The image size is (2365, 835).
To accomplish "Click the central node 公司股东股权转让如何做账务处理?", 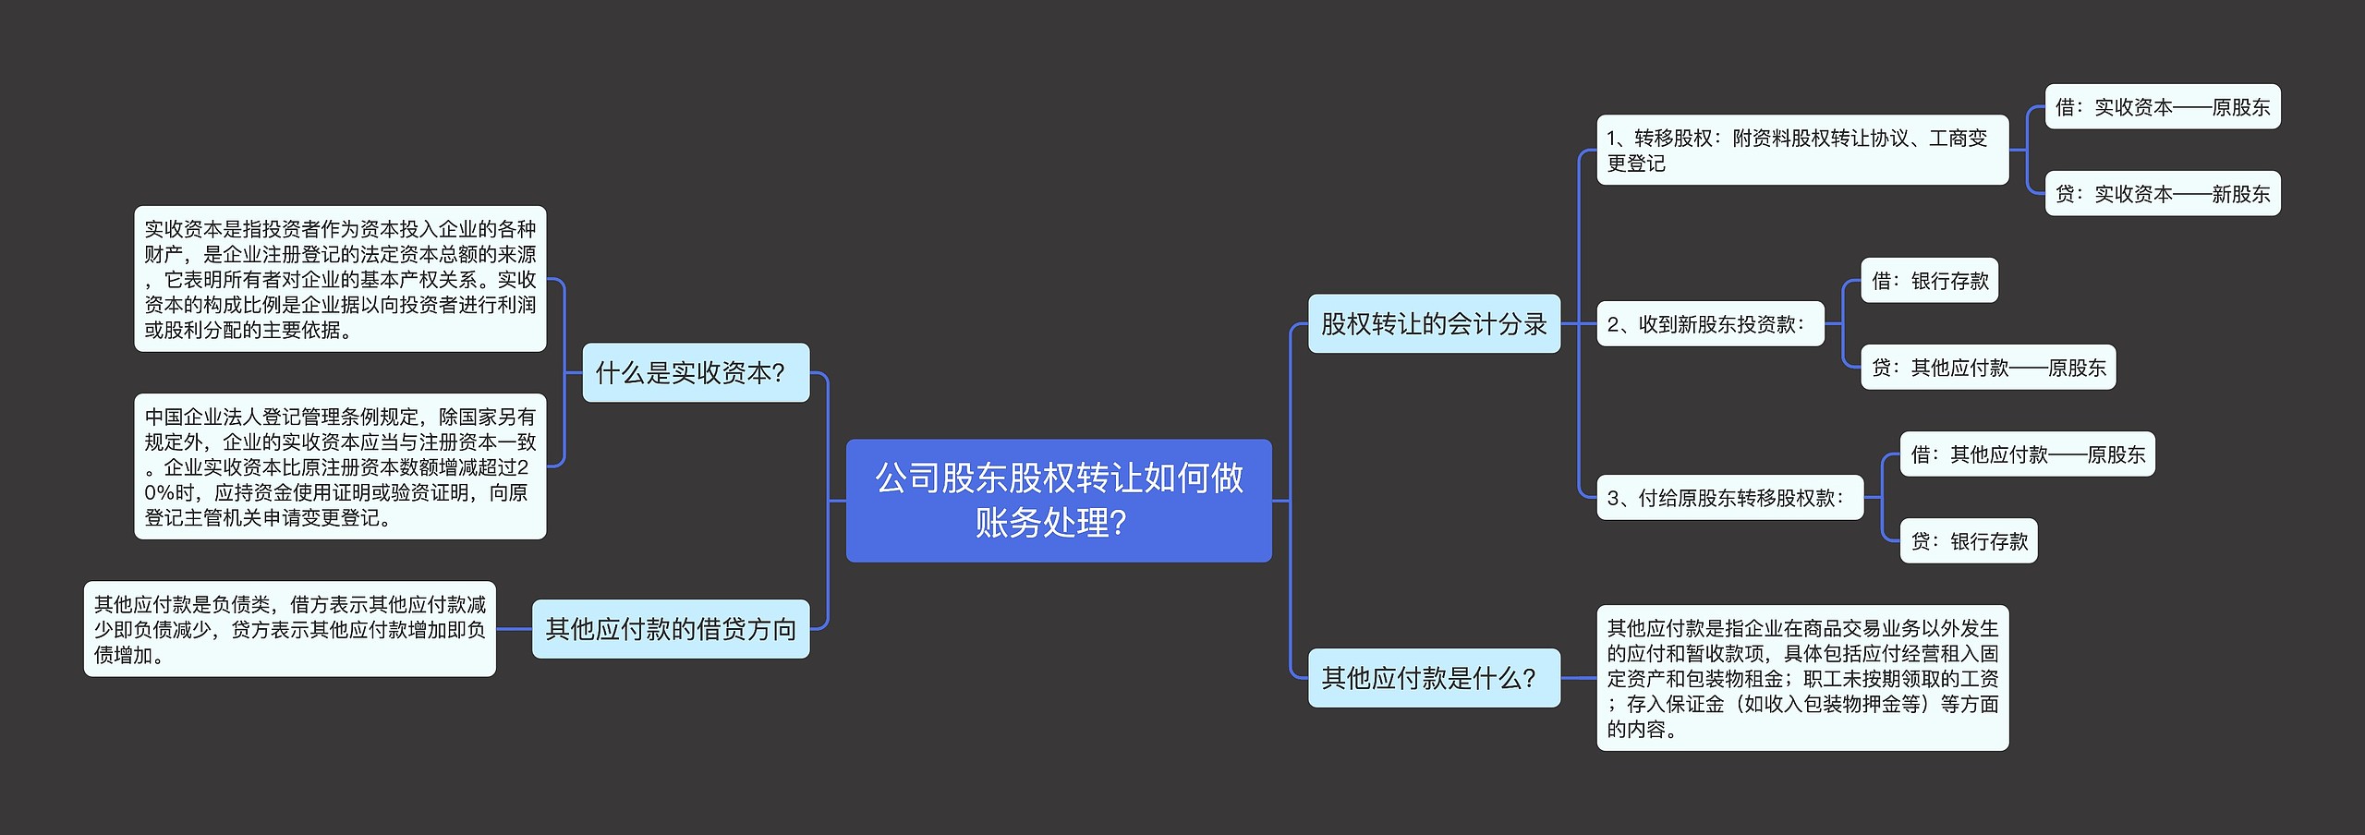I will coord(1059,500).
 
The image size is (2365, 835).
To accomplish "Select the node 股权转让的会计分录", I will coord(1434,323).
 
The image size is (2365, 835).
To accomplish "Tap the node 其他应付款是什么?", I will coord(1434,678).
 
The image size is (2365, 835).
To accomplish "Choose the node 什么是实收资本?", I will coord(696,372).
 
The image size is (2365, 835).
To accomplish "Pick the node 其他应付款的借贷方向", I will coord(671,629).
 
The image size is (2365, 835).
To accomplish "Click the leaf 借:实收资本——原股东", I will coord(2163,107).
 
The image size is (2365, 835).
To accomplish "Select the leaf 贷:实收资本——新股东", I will coord(2163,194).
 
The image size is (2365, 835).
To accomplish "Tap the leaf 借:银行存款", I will coord(1929,281).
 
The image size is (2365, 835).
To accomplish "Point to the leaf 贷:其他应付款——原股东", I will coord(1988,368).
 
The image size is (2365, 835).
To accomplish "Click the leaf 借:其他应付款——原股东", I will coord(2027,454).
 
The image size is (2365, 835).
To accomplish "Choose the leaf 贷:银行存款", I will coord(1968,541).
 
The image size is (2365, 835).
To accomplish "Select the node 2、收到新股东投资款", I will coord(1710,324).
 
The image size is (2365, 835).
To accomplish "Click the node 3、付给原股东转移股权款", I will coord(1729,498).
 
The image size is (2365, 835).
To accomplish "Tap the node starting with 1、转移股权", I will coord(1801,150).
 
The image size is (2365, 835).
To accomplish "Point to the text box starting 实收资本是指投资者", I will coord(340,279).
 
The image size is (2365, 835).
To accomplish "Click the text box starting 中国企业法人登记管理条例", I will coord(340,466).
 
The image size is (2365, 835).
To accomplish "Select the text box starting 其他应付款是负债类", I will coord(290,629).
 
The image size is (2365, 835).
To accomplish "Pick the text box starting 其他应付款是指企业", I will coord(1802,678).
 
